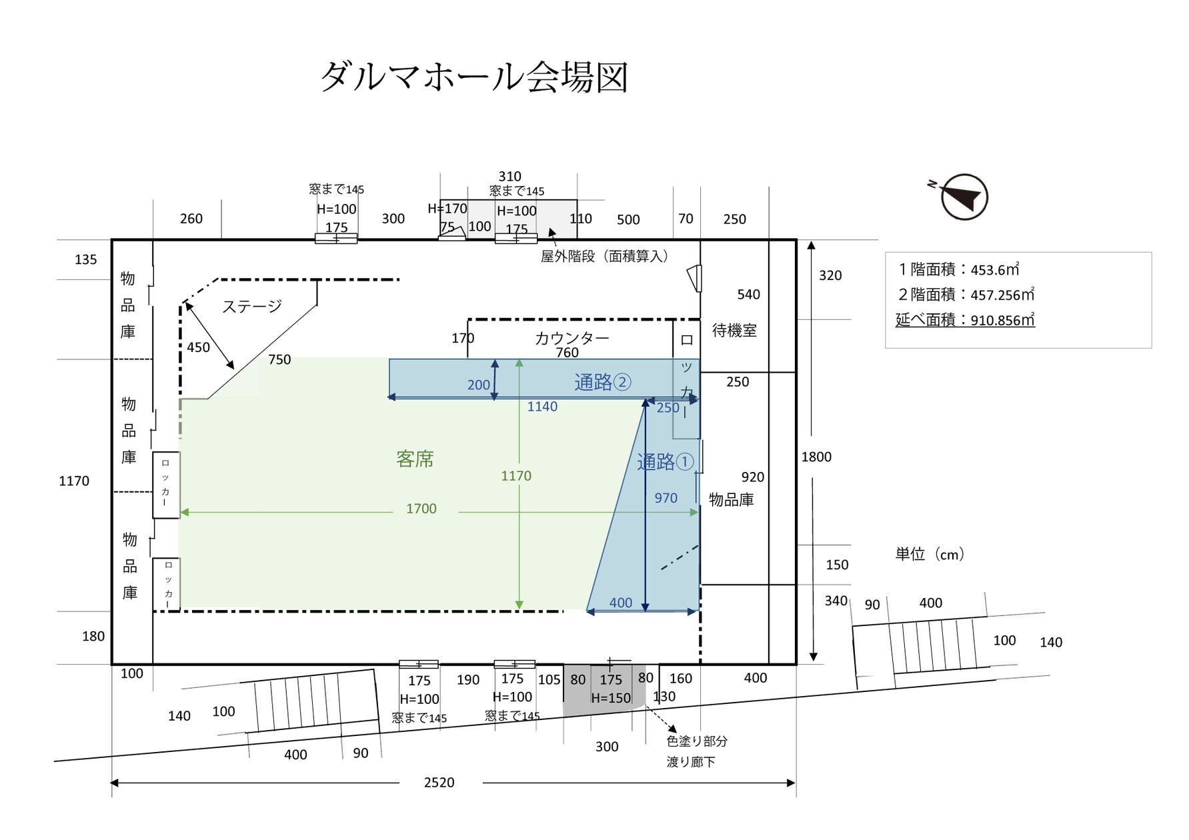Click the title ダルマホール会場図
(474, 77)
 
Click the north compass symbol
(963, 197)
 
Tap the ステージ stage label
(251, 307)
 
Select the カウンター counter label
(571, 338)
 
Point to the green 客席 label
(415, 459)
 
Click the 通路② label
(602, 382)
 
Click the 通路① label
(665, 461)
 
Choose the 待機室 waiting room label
(734, 330)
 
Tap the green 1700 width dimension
(421, 509)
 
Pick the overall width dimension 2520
(439, 783)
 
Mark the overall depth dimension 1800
(816, 457)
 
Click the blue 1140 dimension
(542, 407)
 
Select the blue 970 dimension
(666, 498)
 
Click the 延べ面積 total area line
(964, 320)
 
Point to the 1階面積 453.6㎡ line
(959, 269)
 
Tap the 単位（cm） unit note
(930, 554)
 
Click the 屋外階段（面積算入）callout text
(604, 256)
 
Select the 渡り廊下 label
(691, 761)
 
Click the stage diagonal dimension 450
(198, 347)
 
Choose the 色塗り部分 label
(697, 741)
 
